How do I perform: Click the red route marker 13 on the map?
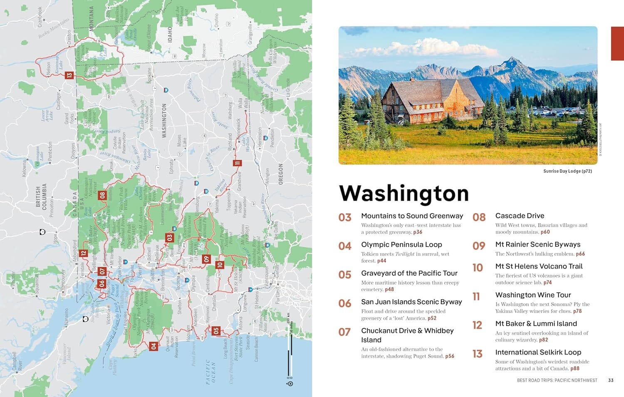point(69,75)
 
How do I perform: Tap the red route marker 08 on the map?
point(102,195)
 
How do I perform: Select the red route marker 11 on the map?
point(237,163)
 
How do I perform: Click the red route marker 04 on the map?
point(154,346)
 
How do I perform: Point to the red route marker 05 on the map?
point(215,331)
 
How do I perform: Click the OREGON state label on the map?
point(280,174)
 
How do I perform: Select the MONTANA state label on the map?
point(92,18)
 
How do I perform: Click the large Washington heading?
point(404,193)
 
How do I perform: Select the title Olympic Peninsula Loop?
point(401,245)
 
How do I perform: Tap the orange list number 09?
point(479,246)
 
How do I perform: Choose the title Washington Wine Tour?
point(533,295)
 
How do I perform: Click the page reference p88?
point(575,368)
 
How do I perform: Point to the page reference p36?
point(418,232)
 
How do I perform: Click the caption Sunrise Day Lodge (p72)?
point(567,171)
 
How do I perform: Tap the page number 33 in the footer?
point(611,380)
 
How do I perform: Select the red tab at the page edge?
point(617,44)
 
